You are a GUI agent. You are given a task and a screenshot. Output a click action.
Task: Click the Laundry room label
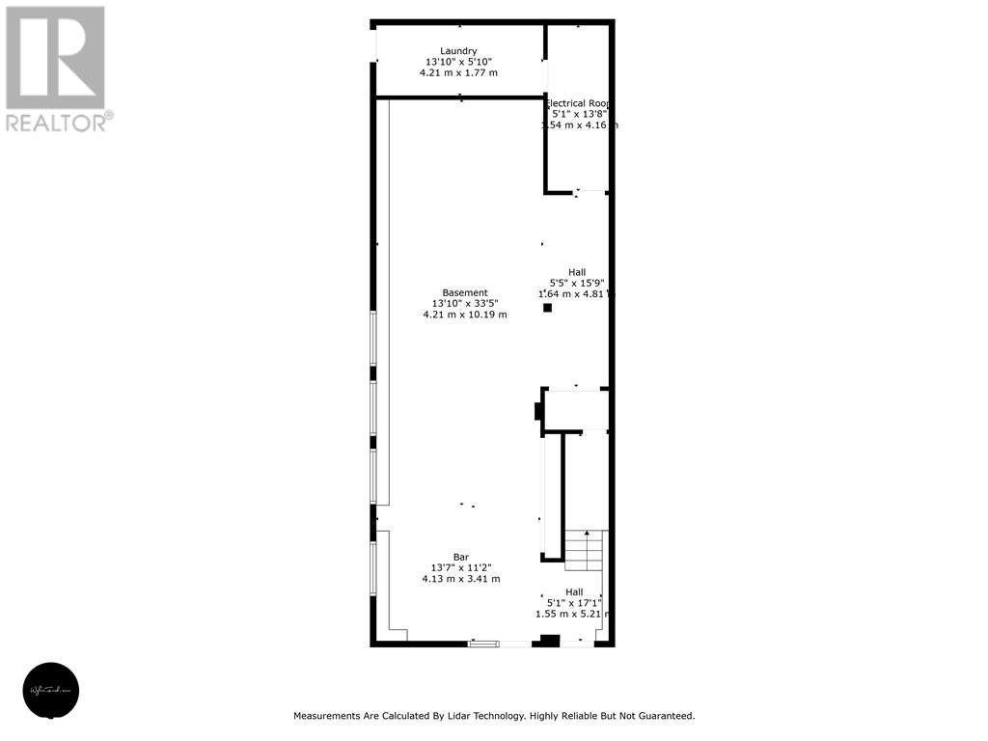pos(458,51)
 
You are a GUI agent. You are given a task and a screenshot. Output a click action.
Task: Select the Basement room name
pos(465,292)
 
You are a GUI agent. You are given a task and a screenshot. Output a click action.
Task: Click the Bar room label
pos(461,557)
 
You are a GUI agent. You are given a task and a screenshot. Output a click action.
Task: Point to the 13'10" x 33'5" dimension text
pos(465,304)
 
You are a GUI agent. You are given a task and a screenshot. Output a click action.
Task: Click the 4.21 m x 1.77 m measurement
pos(458,73)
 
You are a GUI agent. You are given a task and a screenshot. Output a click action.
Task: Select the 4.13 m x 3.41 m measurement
pos(461,579)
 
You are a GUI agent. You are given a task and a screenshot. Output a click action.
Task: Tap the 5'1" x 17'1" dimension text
pos(574,603)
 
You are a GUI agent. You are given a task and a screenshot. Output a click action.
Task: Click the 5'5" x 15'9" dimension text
pos(576,283)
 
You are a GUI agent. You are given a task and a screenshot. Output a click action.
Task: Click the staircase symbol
pos(584,549)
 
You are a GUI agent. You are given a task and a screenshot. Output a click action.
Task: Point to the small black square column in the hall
pos(547,308)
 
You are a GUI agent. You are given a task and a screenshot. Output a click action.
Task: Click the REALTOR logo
pos(57,69)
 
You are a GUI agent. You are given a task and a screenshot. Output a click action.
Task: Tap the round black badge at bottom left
pos(52,691)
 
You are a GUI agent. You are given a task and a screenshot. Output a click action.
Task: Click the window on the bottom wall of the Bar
pos(484,643)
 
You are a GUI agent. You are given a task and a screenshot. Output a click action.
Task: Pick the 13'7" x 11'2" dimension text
pos(461,568)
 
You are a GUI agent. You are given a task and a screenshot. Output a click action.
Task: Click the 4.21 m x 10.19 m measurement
pos(465,315)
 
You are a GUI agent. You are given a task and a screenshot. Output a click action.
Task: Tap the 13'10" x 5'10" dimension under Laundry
pos(458,62)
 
